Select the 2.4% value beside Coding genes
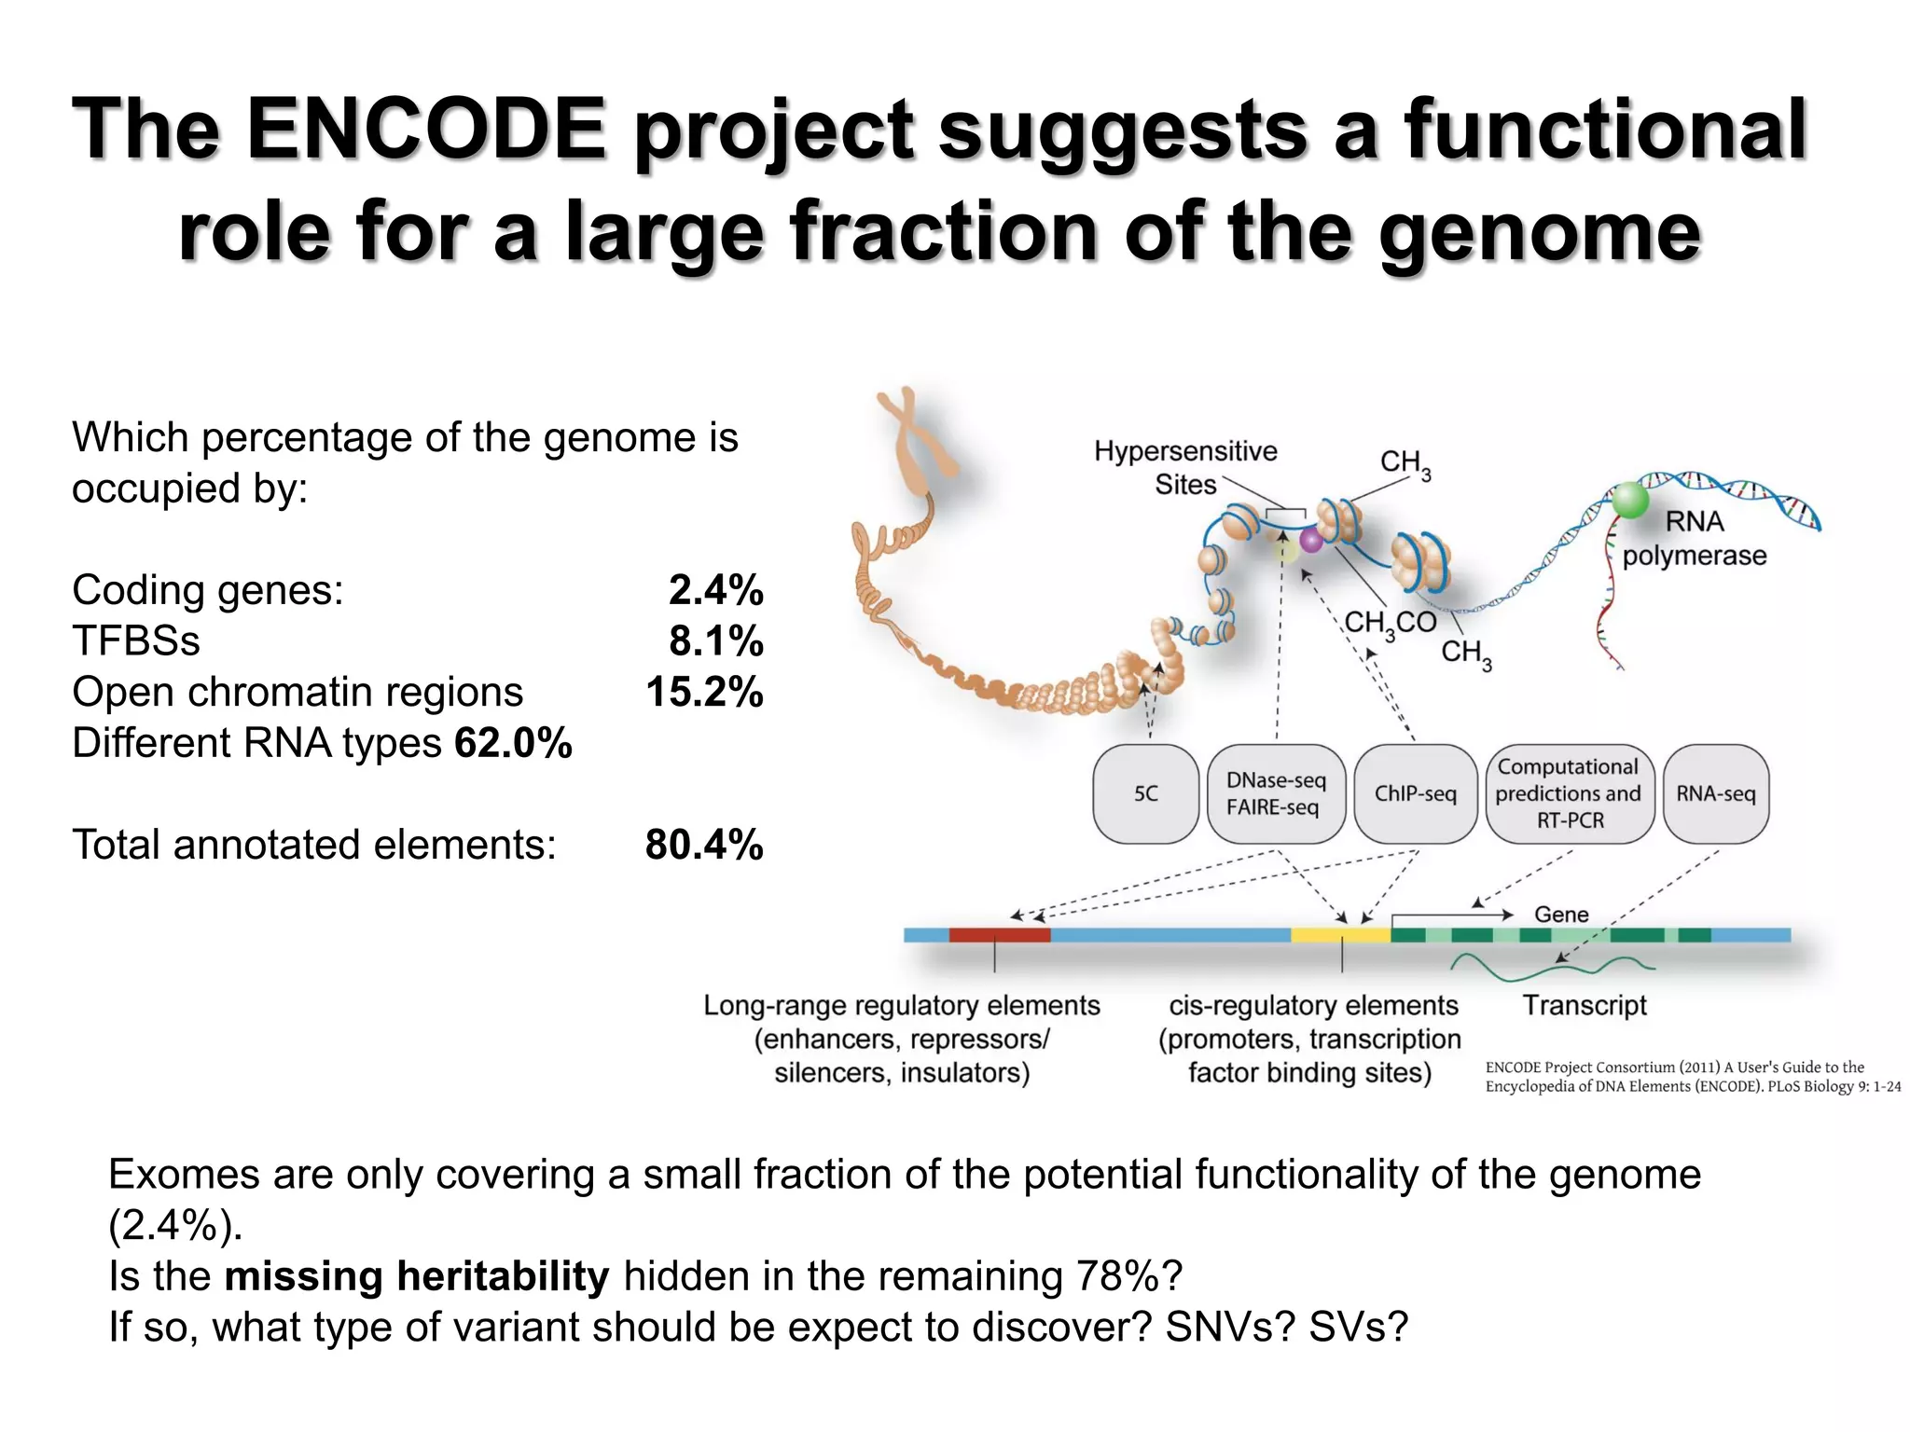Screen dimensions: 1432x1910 715,590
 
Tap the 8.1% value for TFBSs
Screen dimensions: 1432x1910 715,641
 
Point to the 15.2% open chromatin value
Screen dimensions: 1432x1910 704,693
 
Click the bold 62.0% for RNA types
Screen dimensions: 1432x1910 513,744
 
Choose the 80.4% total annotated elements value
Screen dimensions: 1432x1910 704,845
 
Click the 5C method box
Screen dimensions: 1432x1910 1145,794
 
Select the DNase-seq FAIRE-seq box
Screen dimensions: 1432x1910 1275,794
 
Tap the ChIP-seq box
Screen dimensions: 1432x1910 1415,794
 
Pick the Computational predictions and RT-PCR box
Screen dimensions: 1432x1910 1569,794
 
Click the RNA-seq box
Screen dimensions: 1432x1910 1715,794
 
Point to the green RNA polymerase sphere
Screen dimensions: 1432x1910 1629,500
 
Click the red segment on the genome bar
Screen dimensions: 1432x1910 999,935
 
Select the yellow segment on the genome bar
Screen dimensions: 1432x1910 1340,935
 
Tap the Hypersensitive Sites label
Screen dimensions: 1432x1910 1185,468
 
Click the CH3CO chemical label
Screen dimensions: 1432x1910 1390,623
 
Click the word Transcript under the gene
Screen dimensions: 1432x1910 1585,1006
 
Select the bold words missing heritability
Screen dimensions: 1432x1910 417,1276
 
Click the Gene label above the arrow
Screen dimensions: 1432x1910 1561,915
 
